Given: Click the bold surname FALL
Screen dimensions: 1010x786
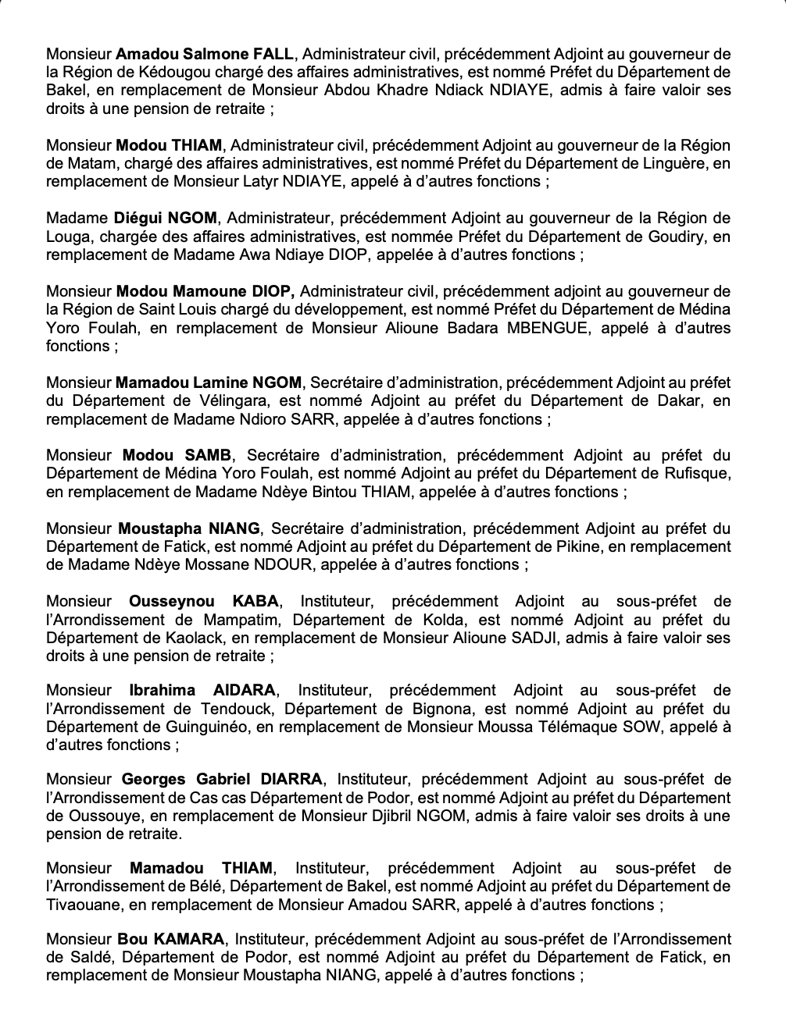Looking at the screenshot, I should coord(273,54).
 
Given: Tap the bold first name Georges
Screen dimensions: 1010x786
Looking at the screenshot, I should coord(154,779).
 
